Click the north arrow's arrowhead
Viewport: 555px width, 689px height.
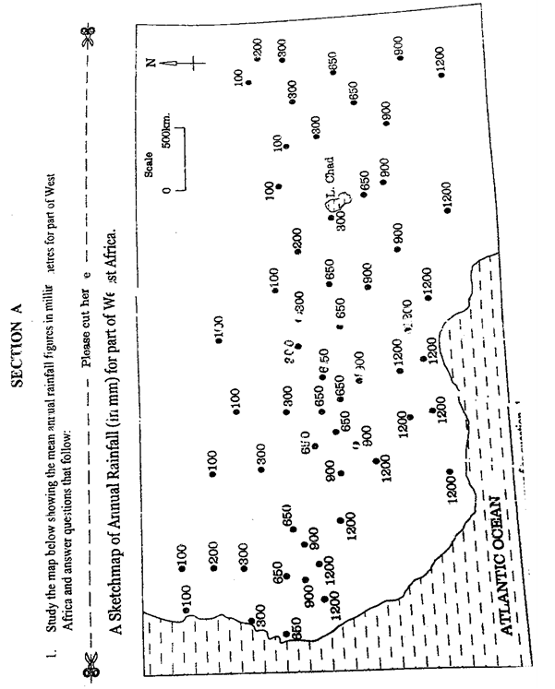(x=166, y=62)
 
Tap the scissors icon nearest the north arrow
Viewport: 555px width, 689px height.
(x=87, y=37)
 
